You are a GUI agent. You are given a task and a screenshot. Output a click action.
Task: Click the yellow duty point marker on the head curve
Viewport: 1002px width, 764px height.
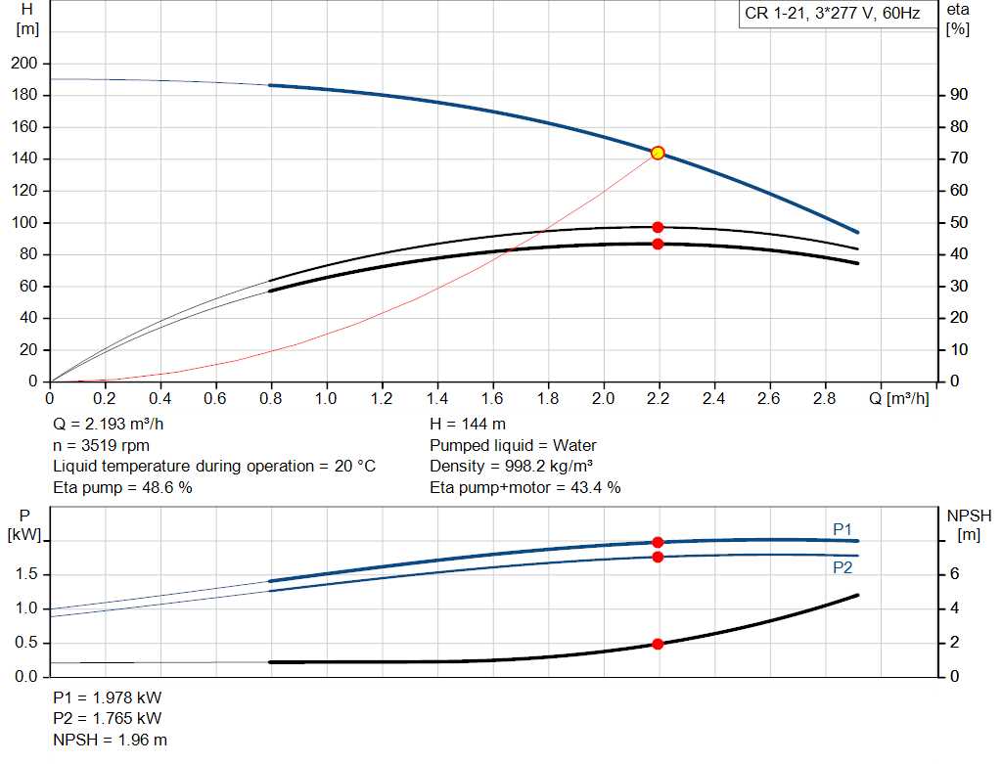click(x=658, y=153)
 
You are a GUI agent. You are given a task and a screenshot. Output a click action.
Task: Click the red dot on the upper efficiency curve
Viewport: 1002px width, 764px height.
click(x=658, y=227)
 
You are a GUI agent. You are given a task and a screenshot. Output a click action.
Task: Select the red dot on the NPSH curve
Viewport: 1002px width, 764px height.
click(x=658, y=644)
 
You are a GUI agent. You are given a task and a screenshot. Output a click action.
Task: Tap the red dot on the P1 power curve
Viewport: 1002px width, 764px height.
click(x=658, y=542)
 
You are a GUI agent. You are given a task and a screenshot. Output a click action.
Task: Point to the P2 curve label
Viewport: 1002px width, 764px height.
click(x=843, y=567)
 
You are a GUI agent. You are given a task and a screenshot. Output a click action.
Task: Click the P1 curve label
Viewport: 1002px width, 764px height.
click(x=843, y=529)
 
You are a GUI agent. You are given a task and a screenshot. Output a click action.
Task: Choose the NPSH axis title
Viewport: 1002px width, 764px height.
click(x=969, y=516)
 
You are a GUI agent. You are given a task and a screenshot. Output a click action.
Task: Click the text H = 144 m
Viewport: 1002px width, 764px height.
click(x=468, y=425)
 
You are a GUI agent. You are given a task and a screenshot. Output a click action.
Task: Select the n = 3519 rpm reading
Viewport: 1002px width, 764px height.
click(x=101, y=445)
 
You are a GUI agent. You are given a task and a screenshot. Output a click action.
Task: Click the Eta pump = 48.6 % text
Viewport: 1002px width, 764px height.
click(x=122, y=487)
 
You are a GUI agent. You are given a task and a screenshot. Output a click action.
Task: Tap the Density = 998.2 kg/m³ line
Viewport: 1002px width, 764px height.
click(x=512, y=467)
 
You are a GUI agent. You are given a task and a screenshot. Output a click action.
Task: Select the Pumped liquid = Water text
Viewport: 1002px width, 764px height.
click(x=513, y=445)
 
